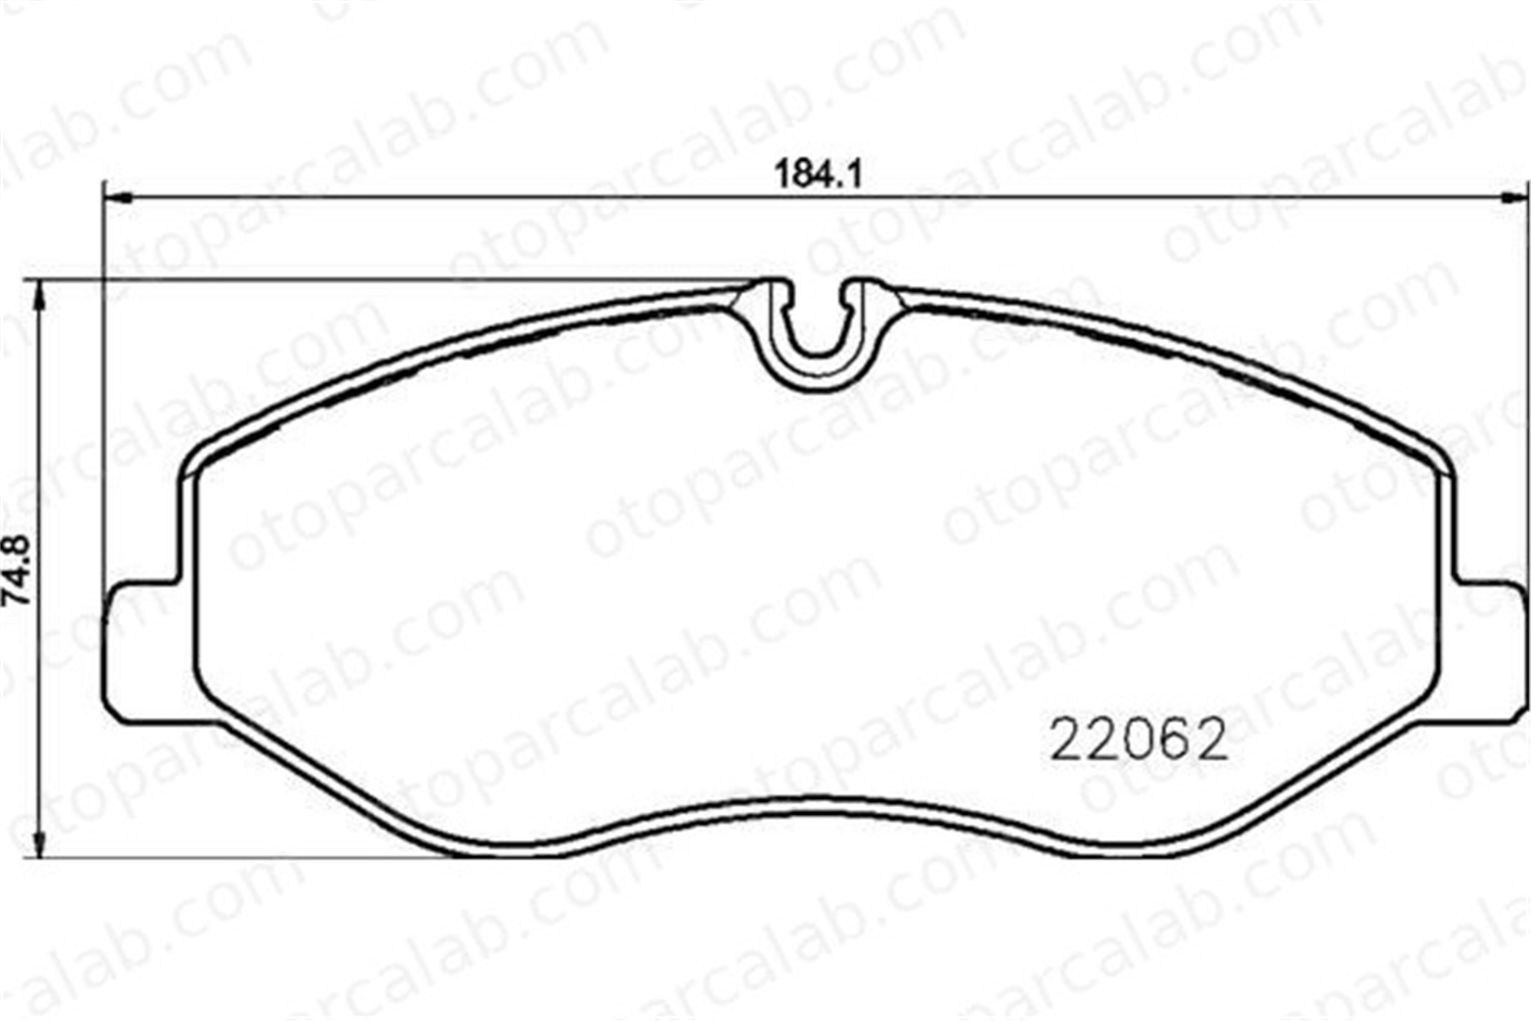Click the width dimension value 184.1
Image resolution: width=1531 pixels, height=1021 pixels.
[818, 175]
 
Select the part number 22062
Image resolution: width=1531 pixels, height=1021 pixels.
[1139, 740]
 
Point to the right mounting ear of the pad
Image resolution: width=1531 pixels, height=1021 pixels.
[1489, 650]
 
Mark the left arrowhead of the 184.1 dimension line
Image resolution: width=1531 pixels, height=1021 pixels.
[118, 198]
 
